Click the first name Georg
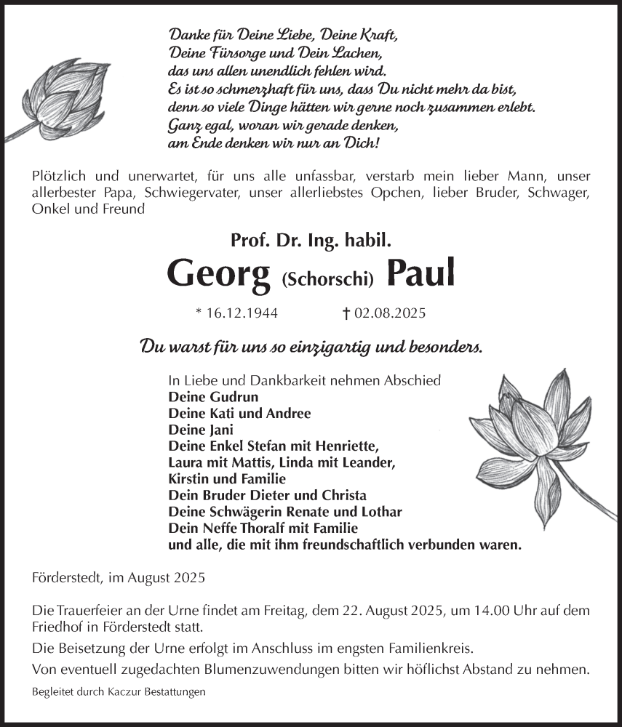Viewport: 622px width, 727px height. [218, 272]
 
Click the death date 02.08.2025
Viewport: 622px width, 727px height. [390, 314]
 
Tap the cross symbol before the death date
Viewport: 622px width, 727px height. [346, 314]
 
